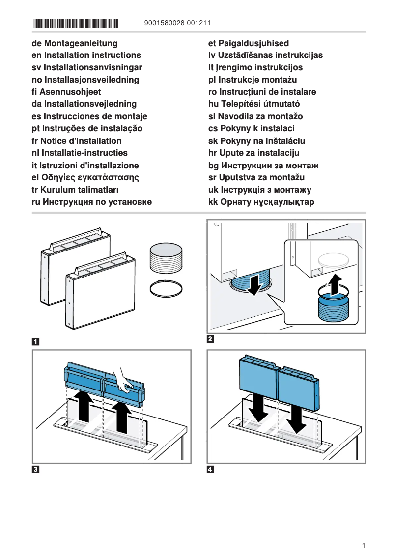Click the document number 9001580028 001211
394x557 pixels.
coord(178,23)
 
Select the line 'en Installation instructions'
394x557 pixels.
coord(86,55)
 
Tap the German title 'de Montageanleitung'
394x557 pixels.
coord(74,43)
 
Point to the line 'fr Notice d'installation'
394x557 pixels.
coord(76,140)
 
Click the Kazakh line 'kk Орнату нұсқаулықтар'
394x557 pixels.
coord(261,202)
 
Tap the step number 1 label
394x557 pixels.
coord(36,341)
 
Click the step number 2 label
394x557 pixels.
coord(211,339)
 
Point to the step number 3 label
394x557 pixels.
coord(36,469)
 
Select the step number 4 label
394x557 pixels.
coord(211,469)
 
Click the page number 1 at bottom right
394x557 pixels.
coord(363,545)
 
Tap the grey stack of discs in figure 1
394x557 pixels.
coord(166,257)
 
